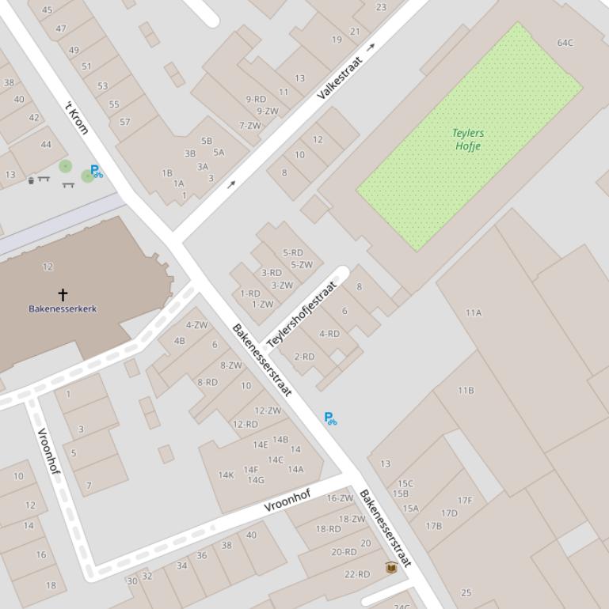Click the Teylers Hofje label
pos(469,139)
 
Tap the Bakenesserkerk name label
pos(63,308)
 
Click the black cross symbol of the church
pos(63,295)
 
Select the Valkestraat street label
pos(340,78)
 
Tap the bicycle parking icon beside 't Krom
pos(96,171)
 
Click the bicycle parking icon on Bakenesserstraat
pos(331,418)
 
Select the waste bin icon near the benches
pos(31,180)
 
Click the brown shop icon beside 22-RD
pos(390,567)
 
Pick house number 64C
pos(565,43)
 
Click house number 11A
pos(474,312)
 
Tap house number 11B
pos(466,390)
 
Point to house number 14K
pos(226,475)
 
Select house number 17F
pos(465,500)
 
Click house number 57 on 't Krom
pos(124,122)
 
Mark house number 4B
pos(179,341)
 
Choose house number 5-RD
pos(293,253)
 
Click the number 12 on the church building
pos(48,267)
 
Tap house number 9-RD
pos(256,99)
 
